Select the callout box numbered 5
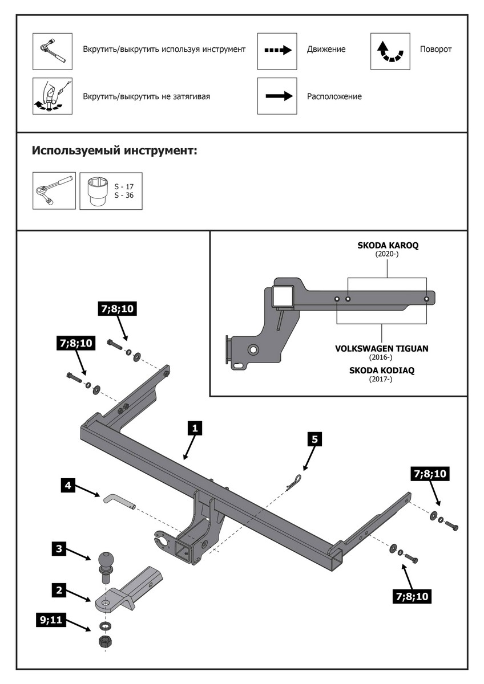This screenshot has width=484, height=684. click(x=314, y=438)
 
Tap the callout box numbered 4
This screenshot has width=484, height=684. click(x=68, y=486)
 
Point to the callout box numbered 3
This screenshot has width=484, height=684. click(x=58, y=549)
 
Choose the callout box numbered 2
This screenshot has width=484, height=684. click(x=58, y=590)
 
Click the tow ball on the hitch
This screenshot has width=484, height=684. click(x=107, y=561)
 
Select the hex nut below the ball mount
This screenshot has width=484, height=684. click(x=106, y=641)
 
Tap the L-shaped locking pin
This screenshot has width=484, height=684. click(x=118, y=500)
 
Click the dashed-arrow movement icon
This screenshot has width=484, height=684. click(x=277, y=50)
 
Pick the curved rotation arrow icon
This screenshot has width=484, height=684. click(x=390, y=51)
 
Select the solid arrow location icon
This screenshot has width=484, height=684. click(x=277, y=96)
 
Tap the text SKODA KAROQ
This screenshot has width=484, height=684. click(x=388, y=246)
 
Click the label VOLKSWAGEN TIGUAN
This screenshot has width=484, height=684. click(x=382, y=348)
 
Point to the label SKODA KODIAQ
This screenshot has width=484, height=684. click(x=382, y=370)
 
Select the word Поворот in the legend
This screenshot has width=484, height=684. click(x=435, y=50)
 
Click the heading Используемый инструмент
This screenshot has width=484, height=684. click(x=115, y=151)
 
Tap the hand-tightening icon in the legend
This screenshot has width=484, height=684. click(x=53, y=96)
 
